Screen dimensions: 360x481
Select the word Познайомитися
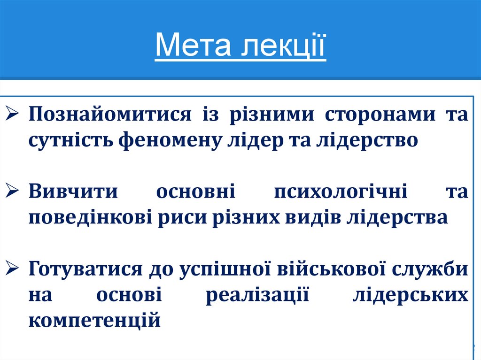[110, 115]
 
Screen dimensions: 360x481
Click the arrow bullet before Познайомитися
[13, 114]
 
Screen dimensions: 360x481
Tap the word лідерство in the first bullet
[368, 140]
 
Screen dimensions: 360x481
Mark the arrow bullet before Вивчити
[13, 192]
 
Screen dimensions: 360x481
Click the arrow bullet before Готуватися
[13, 269]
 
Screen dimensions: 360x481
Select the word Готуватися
[86, 270]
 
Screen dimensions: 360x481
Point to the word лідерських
[410, 296]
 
